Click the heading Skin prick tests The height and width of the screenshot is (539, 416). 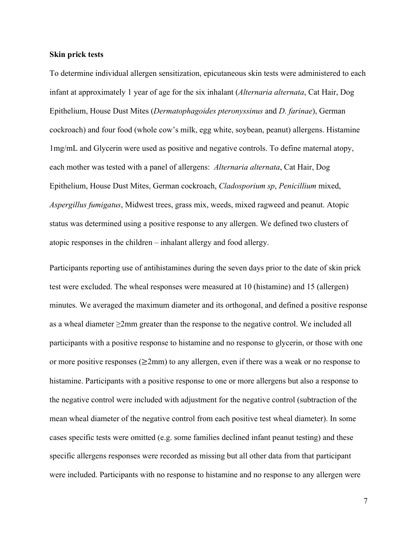[x=77, y=55]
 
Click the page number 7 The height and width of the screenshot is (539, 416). [x=365, y=502]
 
